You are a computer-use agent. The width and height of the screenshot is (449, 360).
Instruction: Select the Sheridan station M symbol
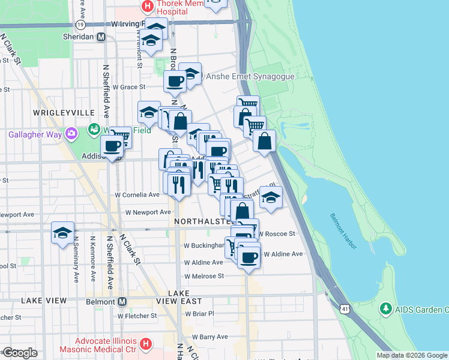click(101, 37)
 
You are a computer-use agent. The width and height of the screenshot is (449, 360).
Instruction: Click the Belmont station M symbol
click(122, 301)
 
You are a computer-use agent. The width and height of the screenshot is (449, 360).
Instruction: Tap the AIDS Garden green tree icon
click(385, 310)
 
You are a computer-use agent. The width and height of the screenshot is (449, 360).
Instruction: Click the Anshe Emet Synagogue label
click(250, 77)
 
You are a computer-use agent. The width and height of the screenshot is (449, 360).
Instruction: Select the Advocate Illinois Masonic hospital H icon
click(145, 344)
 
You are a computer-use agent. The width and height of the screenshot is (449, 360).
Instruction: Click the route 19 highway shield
click(80, 24)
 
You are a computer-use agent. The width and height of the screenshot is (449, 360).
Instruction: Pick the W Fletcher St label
click(137, 316)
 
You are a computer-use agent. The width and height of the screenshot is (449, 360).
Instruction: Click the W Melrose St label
click(203, 276)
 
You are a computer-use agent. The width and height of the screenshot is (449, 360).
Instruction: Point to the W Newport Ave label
click(148, 212)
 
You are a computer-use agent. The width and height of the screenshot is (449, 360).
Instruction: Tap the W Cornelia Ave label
click(137, 195)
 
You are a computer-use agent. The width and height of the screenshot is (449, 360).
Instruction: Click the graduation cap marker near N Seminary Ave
click(62, 233)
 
